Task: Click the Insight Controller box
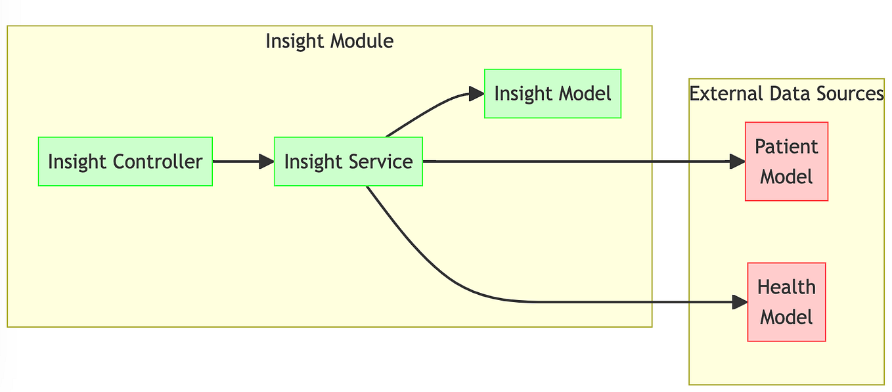125,162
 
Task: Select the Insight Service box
348,162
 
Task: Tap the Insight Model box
552,93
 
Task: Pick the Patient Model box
786,162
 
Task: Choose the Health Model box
786,302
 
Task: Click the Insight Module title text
329,41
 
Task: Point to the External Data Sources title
786,94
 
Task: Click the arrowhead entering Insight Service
267,162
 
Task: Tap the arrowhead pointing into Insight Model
477,94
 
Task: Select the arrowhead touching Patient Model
738,162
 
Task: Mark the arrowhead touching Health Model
740,302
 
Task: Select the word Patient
786,146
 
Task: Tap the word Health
786,288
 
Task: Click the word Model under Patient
786,177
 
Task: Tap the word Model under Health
786,317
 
